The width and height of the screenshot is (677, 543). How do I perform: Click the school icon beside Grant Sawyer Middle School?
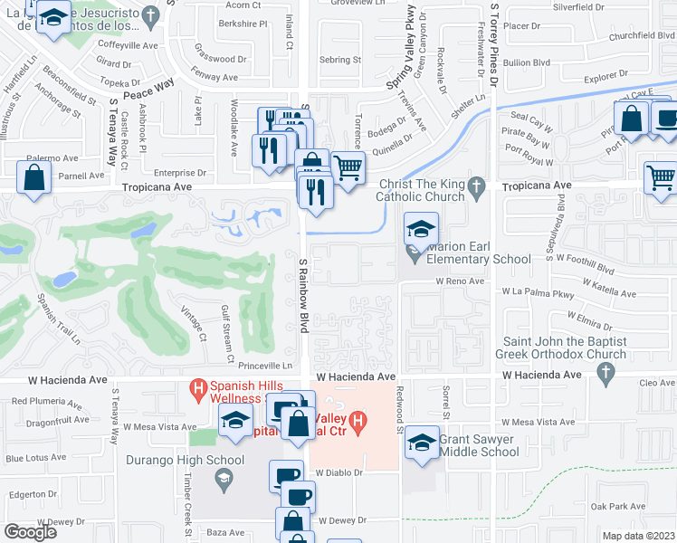point(421,443)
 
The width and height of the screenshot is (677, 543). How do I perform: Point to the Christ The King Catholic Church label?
point(415,187)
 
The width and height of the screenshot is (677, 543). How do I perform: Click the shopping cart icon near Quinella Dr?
point(348,167)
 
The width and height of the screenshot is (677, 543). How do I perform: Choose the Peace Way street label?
point(148,82)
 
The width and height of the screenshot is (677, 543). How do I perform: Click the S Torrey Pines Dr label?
point(494,45)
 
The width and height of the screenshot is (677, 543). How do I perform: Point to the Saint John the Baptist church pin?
point(615,353)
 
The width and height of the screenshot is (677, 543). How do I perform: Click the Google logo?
point(30,531)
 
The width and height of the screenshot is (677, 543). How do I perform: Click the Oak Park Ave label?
point(609,506)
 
